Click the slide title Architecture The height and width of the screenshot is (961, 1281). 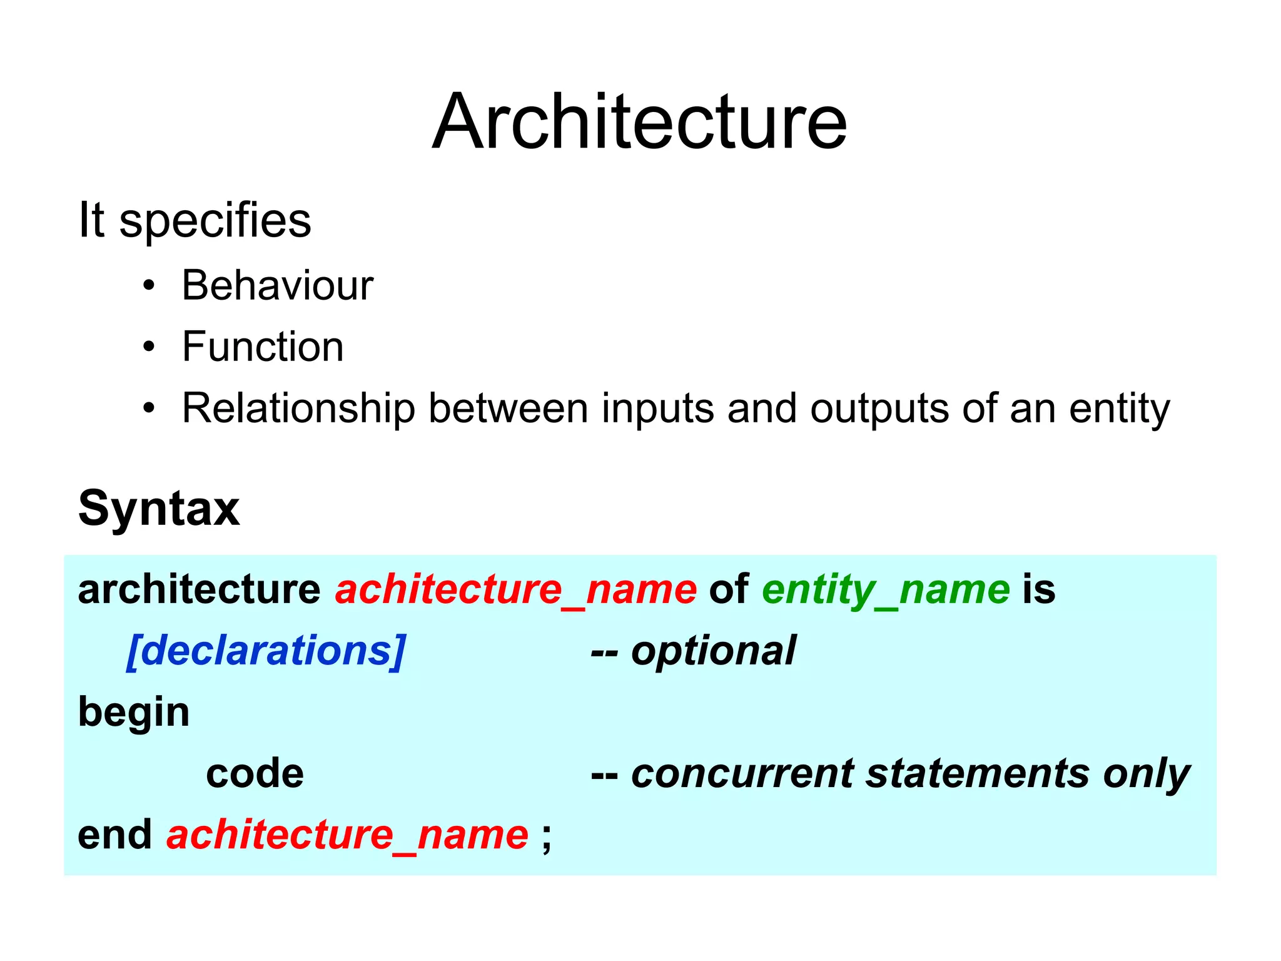639,121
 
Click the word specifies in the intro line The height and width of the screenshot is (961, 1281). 215,221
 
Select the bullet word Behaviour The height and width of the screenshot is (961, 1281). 277,286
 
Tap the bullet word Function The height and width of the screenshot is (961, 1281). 263,347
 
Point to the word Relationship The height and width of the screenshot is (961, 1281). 298,409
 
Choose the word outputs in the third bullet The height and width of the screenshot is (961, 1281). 879,409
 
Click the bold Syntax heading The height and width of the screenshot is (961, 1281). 159,508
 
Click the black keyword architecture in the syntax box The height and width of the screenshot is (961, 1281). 199,589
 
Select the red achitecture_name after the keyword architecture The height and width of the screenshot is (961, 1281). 516,589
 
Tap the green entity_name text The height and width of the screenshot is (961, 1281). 886,589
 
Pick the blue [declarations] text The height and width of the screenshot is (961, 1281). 266,651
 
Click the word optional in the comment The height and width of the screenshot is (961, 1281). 713,651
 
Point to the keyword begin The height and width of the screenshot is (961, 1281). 134,713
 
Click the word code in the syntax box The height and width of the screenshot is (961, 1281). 255,774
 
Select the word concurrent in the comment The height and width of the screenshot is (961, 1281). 742,774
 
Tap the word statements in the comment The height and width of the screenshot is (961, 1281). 978,774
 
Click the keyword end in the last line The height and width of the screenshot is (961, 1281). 114,835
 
